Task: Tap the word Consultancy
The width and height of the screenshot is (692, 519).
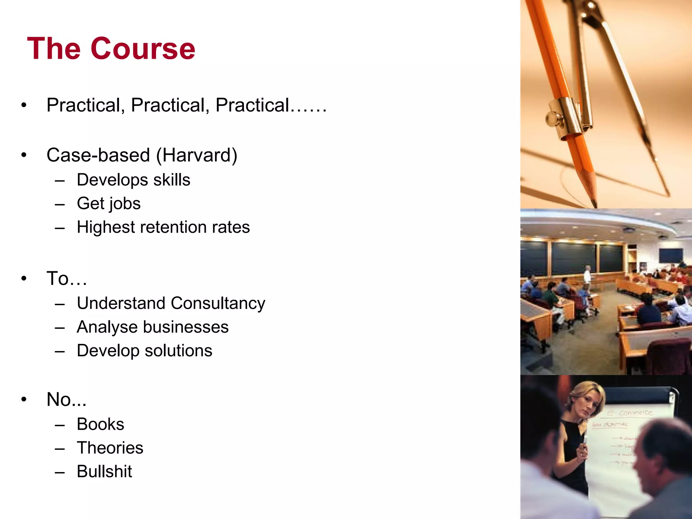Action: [x=218, y=303]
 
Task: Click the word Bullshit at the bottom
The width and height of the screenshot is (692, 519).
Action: [x=104, y=471]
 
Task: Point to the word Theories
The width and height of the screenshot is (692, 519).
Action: [x=110, y=448]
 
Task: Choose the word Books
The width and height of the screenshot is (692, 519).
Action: [x=100, y=424]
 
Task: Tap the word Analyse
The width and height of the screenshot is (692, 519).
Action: [x=107, y=327]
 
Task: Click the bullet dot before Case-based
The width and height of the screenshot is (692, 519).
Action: [x=24, y=155]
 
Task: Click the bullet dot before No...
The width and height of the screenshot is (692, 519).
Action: [x=24, y=400]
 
